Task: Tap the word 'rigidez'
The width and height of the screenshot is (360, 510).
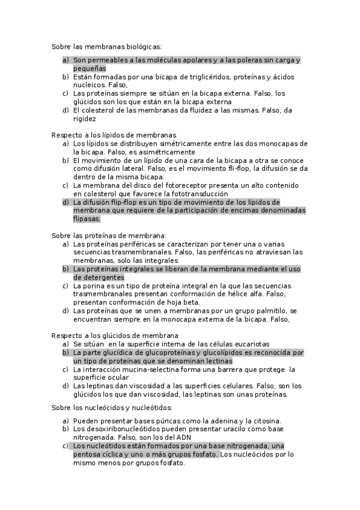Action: (84, 118)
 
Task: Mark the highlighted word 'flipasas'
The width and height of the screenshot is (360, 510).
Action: (87, 220)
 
